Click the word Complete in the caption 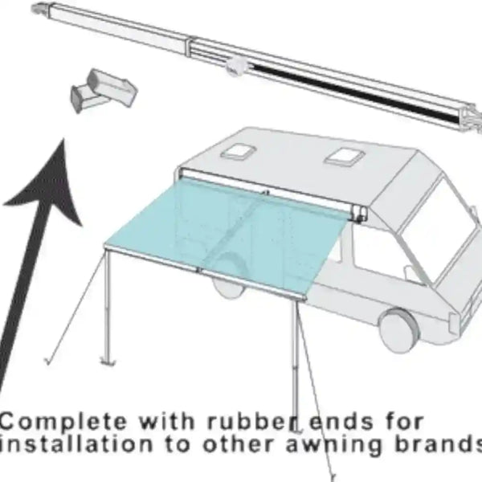click(x=63, y=423)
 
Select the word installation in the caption click(x=76, y=444)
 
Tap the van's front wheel click(x=399, y=330)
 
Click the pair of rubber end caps click(x=103, y=91)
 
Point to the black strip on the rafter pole click(x=353, y=92)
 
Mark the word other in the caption click(x=239, y=444)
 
